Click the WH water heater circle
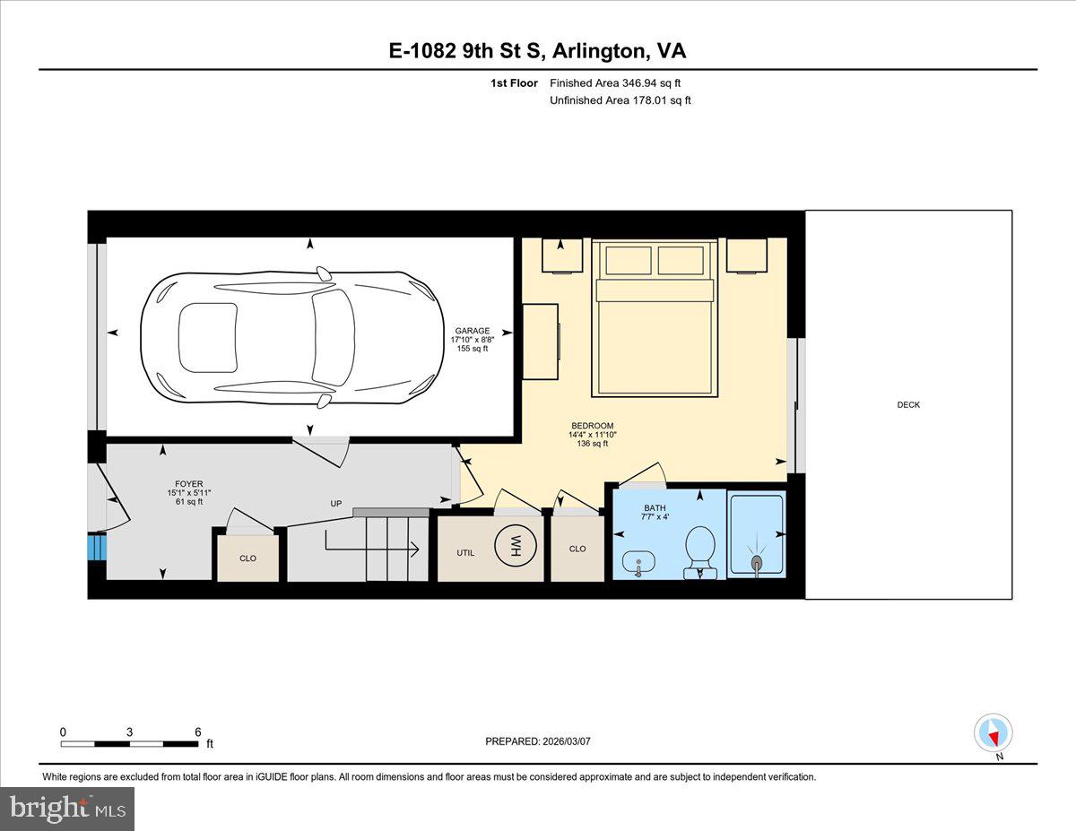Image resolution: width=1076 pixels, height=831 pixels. pos(516,547)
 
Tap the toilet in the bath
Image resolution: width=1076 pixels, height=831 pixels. pos(700,552)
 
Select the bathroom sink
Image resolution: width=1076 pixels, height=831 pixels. pos(638,563)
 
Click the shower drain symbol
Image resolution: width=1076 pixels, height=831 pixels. pos(756,562)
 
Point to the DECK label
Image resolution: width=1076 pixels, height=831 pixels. pos(908,405)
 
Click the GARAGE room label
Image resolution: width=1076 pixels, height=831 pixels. pos(473,331)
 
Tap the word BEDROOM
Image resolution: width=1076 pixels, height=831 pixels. pos(592,426)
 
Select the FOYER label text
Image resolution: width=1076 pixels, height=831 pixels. pos(188,484)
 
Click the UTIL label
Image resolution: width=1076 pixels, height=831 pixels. pos(465,553)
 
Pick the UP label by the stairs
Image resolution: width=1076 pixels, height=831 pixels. pos(336,504)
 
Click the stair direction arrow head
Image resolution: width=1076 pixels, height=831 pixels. pos(415,549)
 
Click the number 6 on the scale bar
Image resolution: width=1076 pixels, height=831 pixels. pos(198,731)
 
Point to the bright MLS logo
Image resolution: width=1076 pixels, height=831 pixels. pos(67,809)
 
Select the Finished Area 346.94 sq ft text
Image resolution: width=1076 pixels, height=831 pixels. pos(615,83)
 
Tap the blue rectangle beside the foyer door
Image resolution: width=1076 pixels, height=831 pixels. pos(97,547)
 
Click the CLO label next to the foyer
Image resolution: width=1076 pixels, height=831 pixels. pos(247,558)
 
